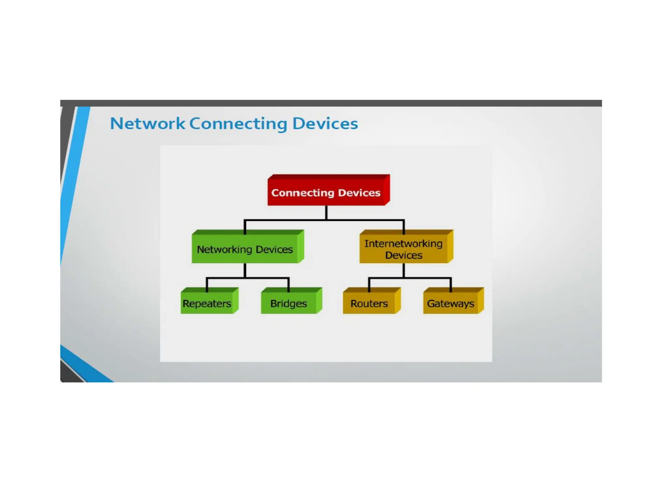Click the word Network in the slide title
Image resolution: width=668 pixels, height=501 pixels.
(x=147, y=124)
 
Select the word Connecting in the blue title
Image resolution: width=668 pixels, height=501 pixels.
(x=238, y=124)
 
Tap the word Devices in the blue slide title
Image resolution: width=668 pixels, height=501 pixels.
(x=325, y=124)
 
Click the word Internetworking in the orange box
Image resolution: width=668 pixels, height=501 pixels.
(x=403, y=244)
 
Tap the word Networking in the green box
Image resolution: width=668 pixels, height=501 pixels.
(x=224, y=250)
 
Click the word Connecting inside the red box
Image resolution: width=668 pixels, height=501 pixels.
(x=303, y=193)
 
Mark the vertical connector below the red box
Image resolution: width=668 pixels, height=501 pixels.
(x=326, y=212)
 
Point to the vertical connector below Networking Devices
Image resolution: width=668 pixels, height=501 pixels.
(x=245, y=270)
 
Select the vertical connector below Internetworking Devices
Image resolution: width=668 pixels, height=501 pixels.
(x=404, y=270)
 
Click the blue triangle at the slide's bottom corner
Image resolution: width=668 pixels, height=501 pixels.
(x=85, y=369)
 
